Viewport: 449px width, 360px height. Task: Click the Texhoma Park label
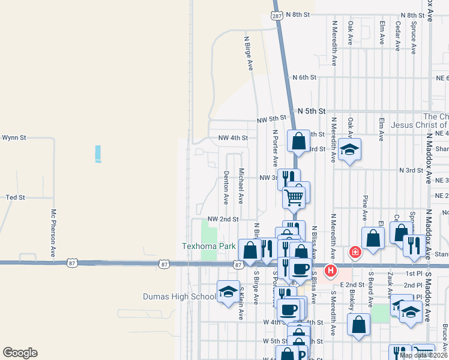(x=209, y=246)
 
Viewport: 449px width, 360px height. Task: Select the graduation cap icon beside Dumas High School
(x=228, y=293)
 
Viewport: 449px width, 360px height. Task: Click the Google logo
(x=20, y=353)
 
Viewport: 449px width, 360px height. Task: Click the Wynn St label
(x=14, y=137)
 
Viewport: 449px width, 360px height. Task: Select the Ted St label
(x=15, y=197)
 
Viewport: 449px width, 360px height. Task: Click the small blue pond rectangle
(x=98, y=154)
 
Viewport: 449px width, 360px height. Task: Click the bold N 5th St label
(x=312, y=112)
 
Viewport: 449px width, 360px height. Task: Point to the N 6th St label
(x=304, y=77)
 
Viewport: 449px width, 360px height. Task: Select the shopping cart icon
(x=294, y=196)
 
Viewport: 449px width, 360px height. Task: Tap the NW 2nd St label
(x=223, y=220)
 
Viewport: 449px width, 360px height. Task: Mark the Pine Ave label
(x=365, y=207)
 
